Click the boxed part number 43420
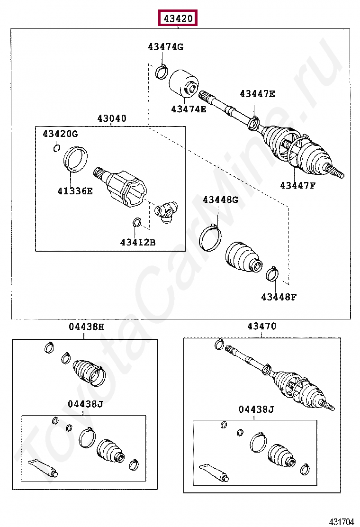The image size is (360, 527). pos(178,18)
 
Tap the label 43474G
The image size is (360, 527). pos(165,46)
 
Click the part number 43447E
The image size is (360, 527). pos(257,94)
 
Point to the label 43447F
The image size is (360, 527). pos(297,185)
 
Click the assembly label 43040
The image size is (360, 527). pos(112,118)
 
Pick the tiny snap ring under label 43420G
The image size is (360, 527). pos(56,149)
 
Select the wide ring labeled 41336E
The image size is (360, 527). pos(76,158)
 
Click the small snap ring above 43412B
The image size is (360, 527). pos(136,222)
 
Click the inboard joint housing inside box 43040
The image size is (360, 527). pos(126,188)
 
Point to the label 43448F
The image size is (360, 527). pos(279,297)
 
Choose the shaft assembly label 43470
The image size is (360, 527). pos(261,327)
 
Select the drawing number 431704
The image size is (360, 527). pos(342,522)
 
